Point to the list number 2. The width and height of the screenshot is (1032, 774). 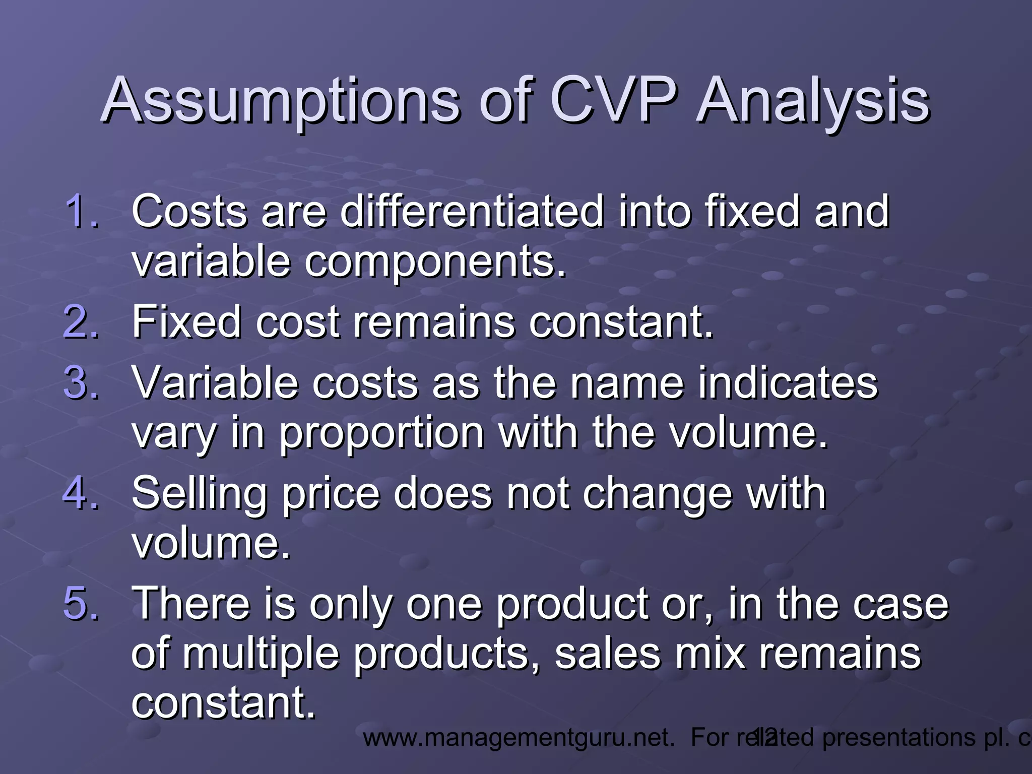coord(81,322)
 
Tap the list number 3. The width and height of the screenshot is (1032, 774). coord(81,382)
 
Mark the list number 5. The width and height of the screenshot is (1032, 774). coord(81,603)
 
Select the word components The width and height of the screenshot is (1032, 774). coord(435,263)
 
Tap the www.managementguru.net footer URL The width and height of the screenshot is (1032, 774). coord(519,738)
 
